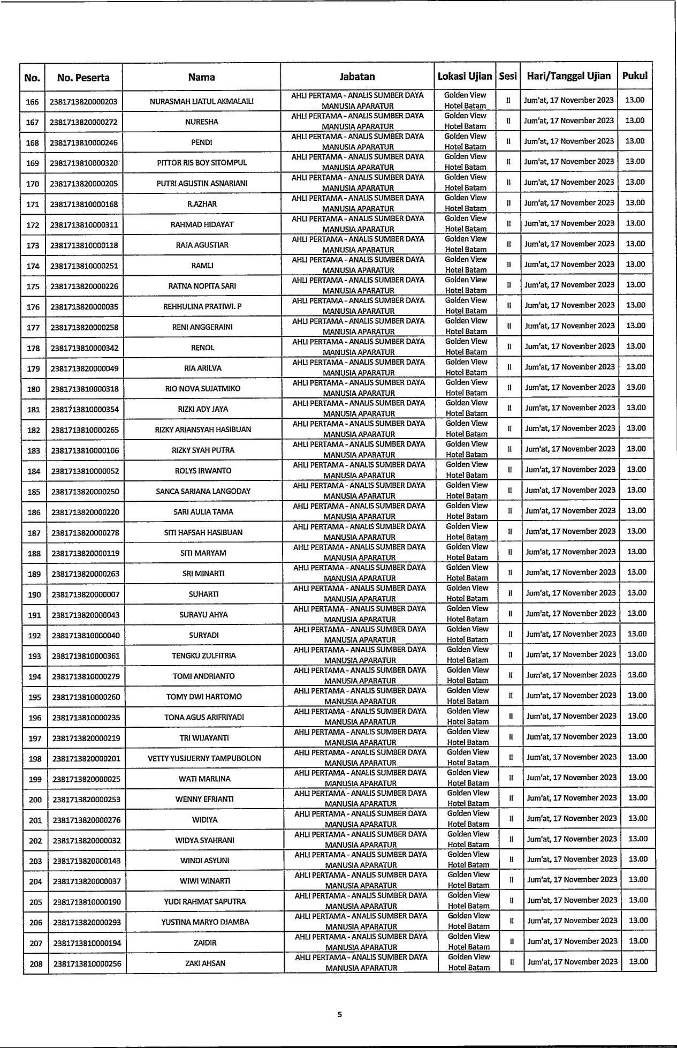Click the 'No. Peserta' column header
(x=83, y=78)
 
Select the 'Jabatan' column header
(x=357, y=77)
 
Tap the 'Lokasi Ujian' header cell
(x=465, y=76)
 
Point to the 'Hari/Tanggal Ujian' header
(x=568, y=76)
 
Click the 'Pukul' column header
(x=635, y=76)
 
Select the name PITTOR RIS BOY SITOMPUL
(x=202, y=163)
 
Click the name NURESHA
(x=202, y=122)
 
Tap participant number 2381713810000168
(x=84, y=204)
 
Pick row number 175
(x=33, y=286)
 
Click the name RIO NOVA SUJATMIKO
(x=203, y=389)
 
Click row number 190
(x=34, y=594)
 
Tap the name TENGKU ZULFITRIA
(x=204, y=656)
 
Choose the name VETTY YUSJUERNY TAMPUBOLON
(x=204, y=758)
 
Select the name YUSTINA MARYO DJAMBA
(x=205, y=922)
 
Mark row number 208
(x=36, y=964)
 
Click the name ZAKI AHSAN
(x=205, y=963)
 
